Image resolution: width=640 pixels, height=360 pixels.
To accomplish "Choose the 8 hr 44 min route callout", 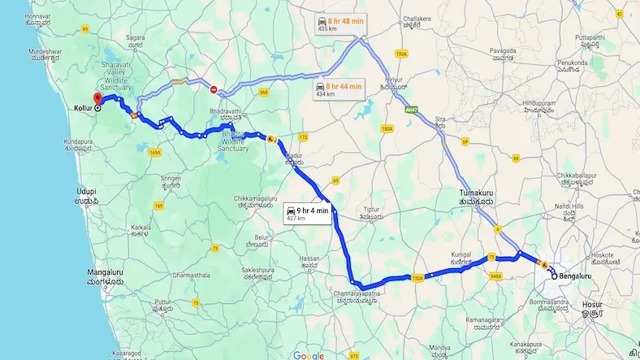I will pos(339,89).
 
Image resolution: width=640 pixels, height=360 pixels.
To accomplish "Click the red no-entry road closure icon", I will pos(214,90).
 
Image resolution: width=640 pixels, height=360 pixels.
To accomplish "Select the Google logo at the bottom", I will pos(309,354).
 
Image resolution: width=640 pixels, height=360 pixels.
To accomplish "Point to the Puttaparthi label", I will pos(592,41).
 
